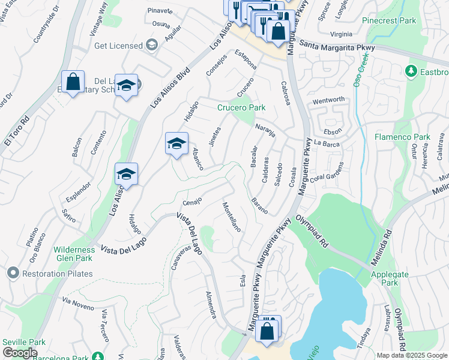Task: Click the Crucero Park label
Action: pyautogui.click(x=241, y=108)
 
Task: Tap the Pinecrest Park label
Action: pyautogui.click(x=389, y=20)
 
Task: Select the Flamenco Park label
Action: pyautogui.click(x=403, y=137)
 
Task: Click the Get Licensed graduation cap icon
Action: pyautogui.click(x=152, y=46)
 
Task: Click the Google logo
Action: pyautogui.click(x=20, y=353)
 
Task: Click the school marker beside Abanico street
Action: pyautogui.click(x=176, y=143)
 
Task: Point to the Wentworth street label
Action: pyautogui.click(x=328, y=100)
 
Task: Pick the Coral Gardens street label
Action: pyautogui.click(x=327, y=172)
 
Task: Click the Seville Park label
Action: pyautogui.click(x=24, y=342)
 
